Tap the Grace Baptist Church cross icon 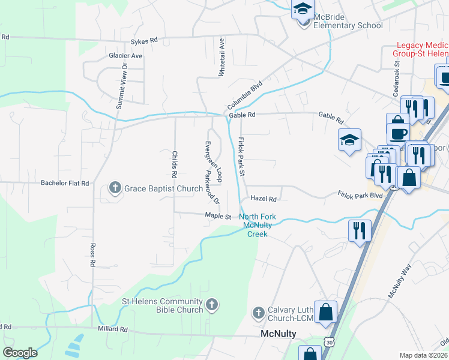coord(115,188)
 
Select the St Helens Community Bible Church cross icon coord(211,305)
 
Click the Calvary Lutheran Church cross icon coord(258,313)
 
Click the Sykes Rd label coord(144,40)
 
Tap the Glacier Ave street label coord(126,56)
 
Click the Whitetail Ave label coord(221,58)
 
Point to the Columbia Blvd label coord(245,95)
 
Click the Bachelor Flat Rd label coord(65,183)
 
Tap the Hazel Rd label coord(263,199)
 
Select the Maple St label coord(217,215)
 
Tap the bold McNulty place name coord(278,334)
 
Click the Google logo coord(20,353)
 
